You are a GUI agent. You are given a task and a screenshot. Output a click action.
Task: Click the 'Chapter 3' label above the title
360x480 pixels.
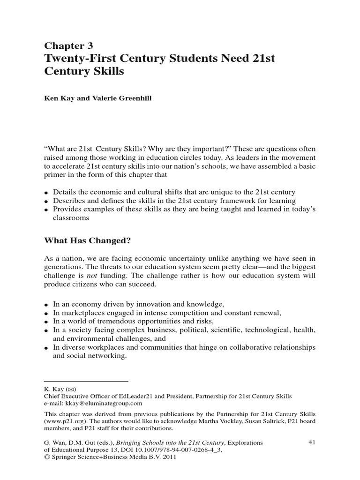pos(68,45)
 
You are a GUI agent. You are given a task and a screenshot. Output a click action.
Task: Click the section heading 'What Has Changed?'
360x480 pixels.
pos(87,241)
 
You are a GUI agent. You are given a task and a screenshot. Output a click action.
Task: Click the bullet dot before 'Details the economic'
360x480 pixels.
pos(46,193)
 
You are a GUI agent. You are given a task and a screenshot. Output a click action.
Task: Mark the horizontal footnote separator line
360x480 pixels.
pos(86,381)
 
